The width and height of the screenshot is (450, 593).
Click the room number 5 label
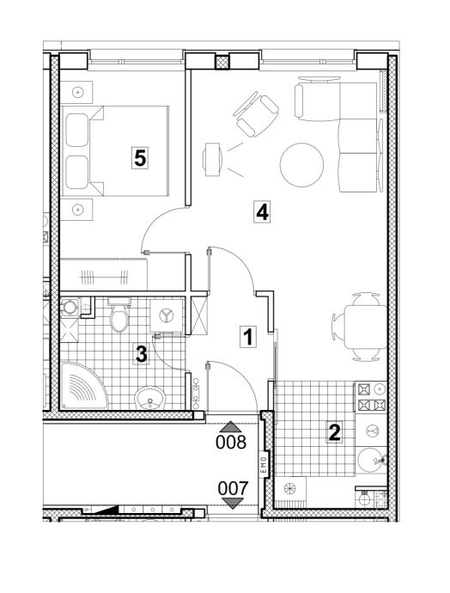[140, 158]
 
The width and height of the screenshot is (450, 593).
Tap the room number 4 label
[262, 212]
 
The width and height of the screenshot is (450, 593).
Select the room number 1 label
[248, 337]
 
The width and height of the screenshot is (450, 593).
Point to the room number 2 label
[334, 432]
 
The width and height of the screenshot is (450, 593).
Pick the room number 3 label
[142, 355]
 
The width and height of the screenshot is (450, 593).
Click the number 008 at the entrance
[231, 442]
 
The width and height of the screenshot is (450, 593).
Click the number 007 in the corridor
[233, 489]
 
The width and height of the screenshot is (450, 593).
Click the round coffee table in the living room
[302, 164]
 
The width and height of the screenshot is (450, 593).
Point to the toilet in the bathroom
[119, 315]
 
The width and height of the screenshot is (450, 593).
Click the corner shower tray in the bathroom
[84, 386]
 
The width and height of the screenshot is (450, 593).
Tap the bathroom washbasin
[150, 397]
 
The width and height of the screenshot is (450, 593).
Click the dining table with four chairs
[361, 327]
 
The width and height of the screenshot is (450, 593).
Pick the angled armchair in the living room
[256, 114]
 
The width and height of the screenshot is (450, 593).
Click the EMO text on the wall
[264, 465]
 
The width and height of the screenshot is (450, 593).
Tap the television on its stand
[211, 159]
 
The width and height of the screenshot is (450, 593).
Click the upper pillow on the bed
[77, 130]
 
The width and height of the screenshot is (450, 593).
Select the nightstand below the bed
[76, 209]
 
